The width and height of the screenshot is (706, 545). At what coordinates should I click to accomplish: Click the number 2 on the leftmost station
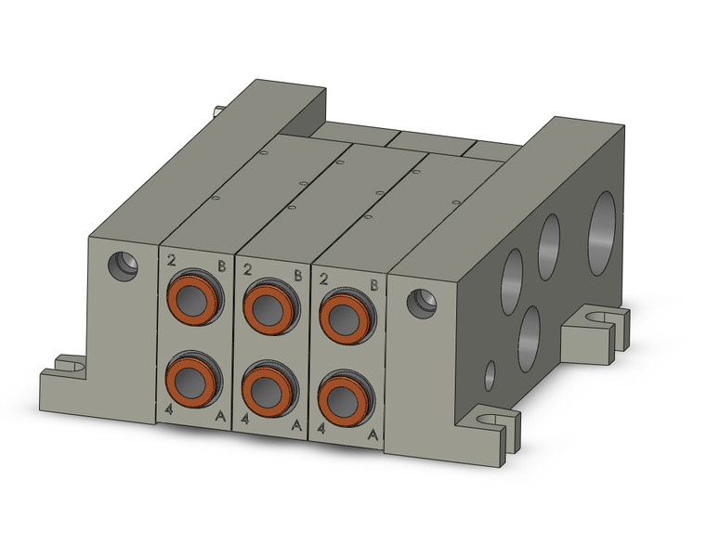(x=173, y=261)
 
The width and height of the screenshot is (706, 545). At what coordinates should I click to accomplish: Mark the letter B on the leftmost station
(x=221, y=265)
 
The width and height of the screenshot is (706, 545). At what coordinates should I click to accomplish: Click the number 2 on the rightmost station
(x=323, y=279)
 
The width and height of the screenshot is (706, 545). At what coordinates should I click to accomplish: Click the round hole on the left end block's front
(x=122, y=266)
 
